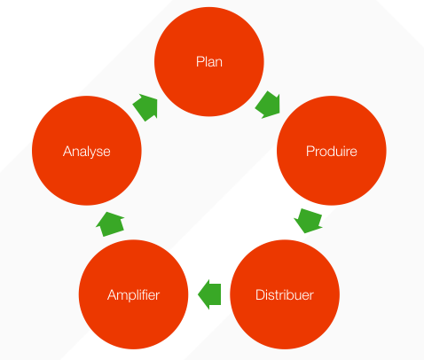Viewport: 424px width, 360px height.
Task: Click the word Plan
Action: click(209, 62)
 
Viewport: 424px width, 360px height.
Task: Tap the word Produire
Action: click(332, 151)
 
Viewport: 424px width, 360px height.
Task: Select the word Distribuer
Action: click(285, 294)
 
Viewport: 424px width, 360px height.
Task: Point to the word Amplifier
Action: click(133, 295)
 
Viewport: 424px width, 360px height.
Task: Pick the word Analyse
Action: click(87, 152)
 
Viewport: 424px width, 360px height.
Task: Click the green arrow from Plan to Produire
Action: click(268, 105)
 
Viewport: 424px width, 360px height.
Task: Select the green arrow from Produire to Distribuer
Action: click(308, 221)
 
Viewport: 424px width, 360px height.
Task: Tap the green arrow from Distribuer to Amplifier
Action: click(209, 294)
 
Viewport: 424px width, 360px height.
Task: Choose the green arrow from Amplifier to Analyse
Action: click(110, 224)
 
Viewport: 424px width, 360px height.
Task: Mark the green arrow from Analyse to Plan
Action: click(145, 107)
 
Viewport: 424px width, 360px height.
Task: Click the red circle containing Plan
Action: click(209, 62)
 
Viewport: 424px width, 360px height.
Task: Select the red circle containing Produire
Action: click(332, 151)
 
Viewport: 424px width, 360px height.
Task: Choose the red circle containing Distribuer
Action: click(285, 294)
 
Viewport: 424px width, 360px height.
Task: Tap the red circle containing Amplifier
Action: click(133, 294)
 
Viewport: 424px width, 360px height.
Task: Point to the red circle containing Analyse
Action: click(87, 151)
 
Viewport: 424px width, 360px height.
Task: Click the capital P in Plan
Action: click(200, 62)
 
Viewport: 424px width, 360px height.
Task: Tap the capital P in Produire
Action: click(310, 151)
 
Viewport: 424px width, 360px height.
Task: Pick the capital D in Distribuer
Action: click(260, 295)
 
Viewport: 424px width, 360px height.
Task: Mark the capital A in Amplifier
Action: click(112, 295)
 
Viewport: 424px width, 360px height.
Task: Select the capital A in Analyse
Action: click(67, 152)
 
